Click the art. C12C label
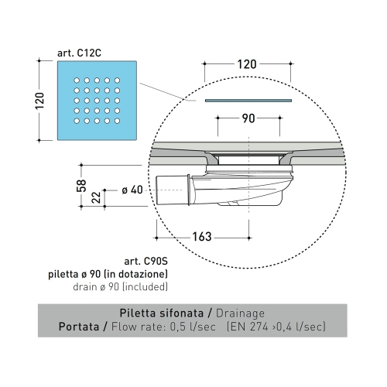(x=79, y=52)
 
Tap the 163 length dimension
(x=202, y=236)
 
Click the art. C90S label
(x=144, y=262)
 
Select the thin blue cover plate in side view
(x=248, y=100)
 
